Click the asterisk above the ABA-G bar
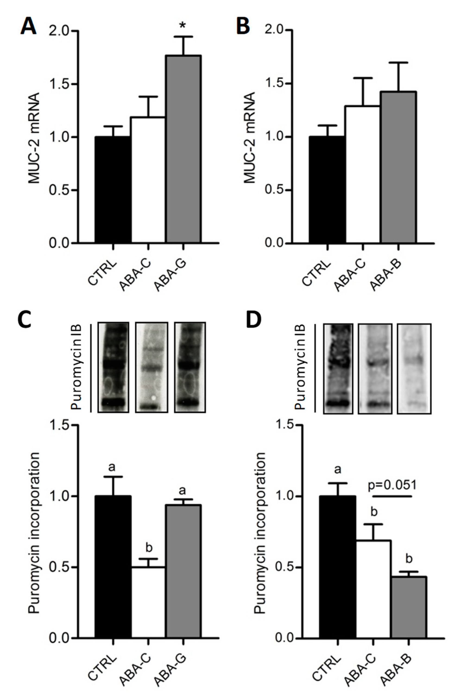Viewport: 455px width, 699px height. (183, 26)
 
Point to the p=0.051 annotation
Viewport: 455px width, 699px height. (392, 485)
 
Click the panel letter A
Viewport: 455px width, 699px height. (28, 26)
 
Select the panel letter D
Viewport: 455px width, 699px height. (253, 319)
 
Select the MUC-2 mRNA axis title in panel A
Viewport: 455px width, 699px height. (34, 138)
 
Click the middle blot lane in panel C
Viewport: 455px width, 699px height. (151, 367)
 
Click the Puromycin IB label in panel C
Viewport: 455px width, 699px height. (77, 367)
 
